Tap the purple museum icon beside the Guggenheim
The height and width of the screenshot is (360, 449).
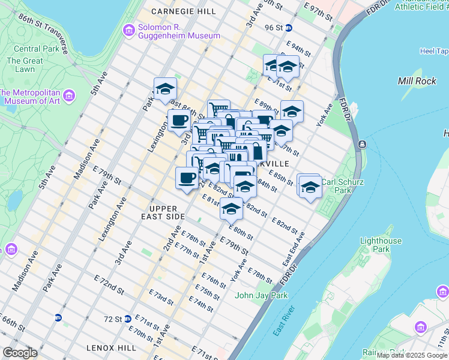pos(128,31)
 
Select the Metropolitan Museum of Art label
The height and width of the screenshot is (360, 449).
pos(30,97)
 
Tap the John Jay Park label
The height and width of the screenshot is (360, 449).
pos(261,295)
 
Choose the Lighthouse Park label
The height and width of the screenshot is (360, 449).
pos(381,245)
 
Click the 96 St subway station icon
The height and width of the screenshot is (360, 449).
pos(288,28)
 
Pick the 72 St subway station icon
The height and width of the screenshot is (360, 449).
pos(128,318)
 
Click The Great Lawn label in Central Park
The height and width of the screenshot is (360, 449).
pos(25,65)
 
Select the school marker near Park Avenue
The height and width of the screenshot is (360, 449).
pos(165,89)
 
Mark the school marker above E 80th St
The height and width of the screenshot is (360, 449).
pos(231,208)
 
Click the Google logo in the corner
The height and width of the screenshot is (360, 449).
pos(20,353)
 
